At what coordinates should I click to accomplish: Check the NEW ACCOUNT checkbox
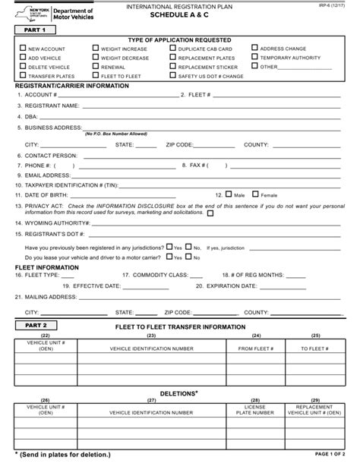click(x=22, y=49)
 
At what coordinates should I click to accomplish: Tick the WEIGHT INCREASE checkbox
click(x=95, y=49)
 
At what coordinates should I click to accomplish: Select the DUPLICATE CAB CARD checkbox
click(x=172, y=49)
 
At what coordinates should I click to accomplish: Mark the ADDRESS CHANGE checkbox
click(x=254, y=49)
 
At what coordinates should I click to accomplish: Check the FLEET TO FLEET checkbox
click(x=95, y=76)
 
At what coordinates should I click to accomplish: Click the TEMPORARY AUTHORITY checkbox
click(x=254, y=58)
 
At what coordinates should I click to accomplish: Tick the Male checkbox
click(x=229, y=194)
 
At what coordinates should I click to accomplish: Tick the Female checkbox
click(x=255, y=194)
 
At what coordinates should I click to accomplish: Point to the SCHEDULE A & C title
click(x=180, y=15)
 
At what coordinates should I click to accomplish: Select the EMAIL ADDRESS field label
click(x=51, y=174)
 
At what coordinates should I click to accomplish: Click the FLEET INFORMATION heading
click(x=47, y=267)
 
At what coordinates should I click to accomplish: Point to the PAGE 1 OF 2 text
click(x=330, y=454)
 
